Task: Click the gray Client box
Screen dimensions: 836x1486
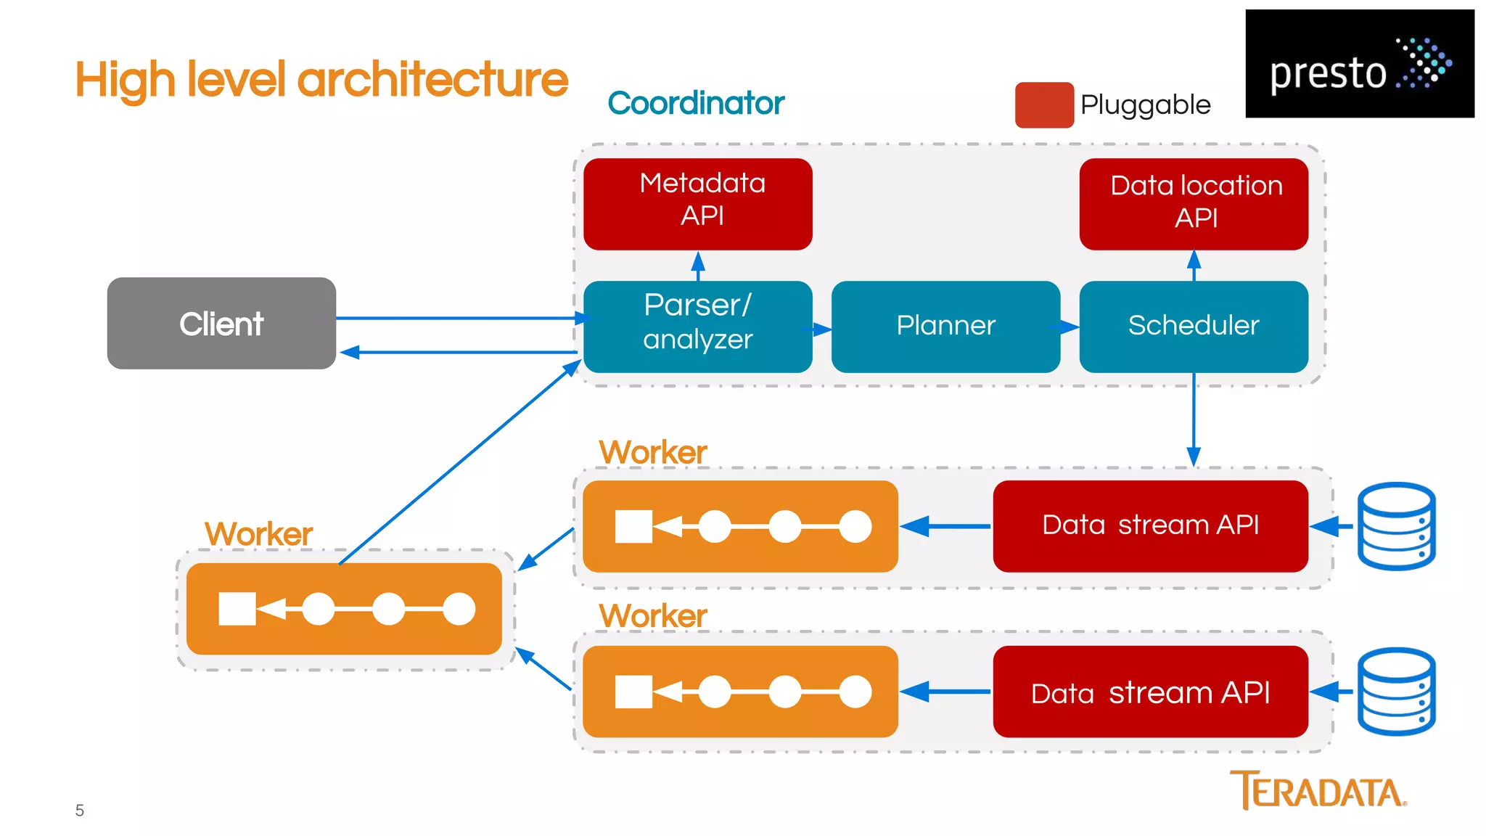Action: [221, 323]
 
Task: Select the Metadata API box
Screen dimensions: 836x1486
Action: [697, 204]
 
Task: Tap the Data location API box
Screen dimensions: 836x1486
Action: [1194, 204]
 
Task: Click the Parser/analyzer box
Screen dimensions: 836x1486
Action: [697, 327]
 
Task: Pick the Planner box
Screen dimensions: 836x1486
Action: [945, 327]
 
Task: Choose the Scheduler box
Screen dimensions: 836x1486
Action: [1194, 327]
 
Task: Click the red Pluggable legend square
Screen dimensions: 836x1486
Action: [1043, 105]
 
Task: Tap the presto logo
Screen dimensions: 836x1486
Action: [1359, 64]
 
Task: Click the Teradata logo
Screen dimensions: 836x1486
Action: [1318, 790]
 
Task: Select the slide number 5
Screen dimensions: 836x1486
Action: [80, 811]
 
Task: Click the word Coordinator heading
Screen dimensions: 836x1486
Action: [696, 103]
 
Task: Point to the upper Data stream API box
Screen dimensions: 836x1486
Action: [1150, 525]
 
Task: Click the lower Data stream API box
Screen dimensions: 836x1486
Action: [1150, 692]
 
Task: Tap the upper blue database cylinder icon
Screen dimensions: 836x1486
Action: [1396, 526]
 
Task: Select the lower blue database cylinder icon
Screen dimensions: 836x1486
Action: [1396, 692]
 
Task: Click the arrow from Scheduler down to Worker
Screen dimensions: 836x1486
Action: [1194, 421]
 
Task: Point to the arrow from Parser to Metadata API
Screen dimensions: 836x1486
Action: [698, 266]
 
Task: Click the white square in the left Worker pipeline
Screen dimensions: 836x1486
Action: [237, 609]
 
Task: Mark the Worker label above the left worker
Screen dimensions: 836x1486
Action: [258, 534]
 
